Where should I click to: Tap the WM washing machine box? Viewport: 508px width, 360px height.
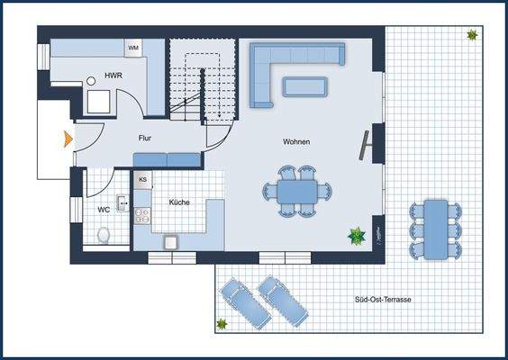point(133,47)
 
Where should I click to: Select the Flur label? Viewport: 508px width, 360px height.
point(145,139)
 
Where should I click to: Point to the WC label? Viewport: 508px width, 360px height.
point(104,210)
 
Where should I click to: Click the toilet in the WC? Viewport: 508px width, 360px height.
point(103,236)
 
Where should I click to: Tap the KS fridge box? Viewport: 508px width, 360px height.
point(142,180)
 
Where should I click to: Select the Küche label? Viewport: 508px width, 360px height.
point(179,203)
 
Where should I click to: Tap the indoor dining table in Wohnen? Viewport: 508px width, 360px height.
point(296,191)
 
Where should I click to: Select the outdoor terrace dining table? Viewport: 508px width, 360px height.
point(438,228)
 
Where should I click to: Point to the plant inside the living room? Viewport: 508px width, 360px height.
point(358,237)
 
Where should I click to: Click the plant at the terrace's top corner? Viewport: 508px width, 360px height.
point(472,35)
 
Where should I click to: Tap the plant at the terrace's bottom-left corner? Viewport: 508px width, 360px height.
point(222,324)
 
